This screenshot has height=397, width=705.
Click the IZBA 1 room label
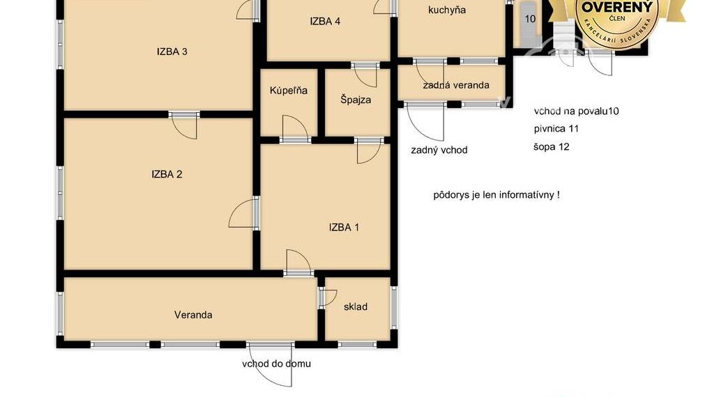click(344, 227)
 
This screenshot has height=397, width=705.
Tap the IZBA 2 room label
click(167, 175)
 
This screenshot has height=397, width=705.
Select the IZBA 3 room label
click(172, 52)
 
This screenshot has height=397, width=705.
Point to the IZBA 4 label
click(325, 22)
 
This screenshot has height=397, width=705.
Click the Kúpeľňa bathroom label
click(288, 91)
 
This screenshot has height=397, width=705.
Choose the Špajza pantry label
click(356, 100)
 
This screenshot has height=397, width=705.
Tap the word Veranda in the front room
click(193, 315)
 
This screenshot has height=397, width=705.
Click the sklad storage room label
click(355, 306)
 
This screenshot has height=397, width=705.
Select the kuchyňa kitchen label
click(447, 10)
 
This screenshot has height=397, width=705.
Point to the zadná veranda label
click(455, 85)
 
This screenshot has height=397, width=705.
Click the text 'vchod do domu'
click(276, 364)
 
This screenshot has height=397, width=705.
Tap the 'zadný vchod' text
click(439, 150)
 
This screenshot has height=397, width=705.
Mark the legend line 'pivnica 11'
click(556, 129)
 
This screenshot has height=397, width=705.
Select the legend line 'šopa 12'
click(551, 147)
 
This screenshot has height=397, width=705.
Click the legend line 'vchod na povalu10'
click(577, 111)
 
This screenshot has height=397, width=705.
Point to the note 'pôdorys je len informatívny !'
click(496, 195)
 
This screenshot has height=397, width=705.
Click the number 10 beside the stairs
click(530, 19)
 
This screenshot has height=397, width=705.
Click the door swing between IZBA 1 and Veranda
click(298, 263)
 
